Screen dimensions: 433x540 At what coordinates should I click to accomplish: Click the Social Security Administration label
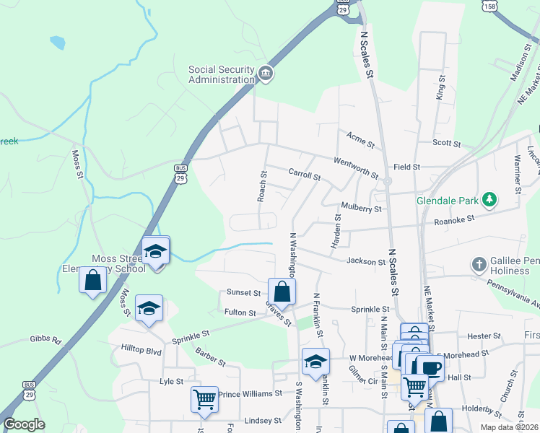(x=222, y=74)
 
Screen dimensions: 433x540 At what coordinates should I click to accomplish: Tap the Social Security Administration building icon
(x=266, y=72)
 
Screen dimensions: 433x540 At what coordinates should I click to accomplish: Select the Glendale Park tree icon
(x=489, y=199)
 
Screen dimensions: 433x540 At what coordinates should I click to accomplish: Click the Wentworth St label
(x=356, y=167)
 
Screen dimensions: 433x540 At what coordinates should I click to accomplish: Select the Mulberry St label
(x=361, y=209)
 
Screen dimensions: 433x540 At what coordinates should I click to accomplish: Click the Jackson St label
(x=365, y=261)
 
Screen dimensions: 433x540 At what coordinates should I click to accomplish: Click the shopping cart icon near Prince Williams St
(x=204, y=398)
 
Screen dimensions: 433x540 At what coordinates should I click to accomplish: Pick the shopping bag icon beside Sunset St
(x=282, y=292)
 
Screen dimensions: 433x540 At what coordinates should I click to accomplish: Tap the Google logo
(x=24, y=424)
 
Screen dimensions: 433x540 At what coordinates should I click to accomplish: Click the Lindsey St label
(x=262, y=420)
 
